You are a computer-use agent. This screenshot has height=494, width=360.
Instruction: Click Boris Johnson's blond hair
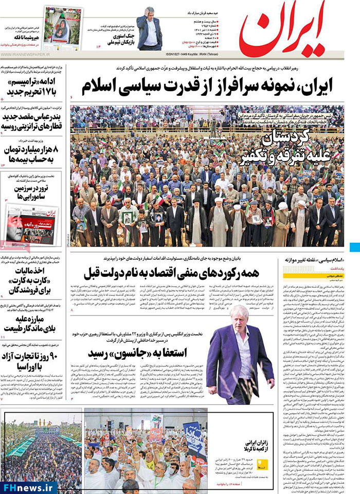coord(239,312)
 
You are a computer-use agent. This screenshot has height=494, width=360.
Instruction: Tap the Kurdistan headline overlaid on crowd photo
coord(298,147)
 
